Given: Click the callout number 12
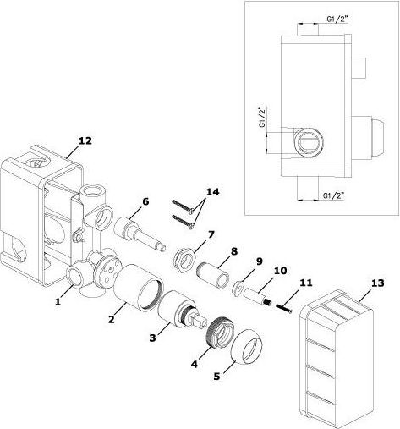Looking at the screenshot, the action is click(x=85, y=140).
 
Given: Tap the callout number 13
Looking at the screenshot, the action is click(x=377, y=283).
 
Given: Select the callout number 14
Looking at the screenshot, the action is click(x=212, y=192).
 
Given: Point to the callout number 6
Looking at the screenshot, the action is click(x=145, y=201).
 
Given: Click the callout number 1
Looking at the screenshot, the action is click(x=58, y=302).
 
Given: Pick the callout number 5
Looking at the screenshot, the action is click(x=216, y=377).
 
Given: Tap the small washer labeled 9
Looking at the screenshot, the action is click(x=238, y=288).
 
